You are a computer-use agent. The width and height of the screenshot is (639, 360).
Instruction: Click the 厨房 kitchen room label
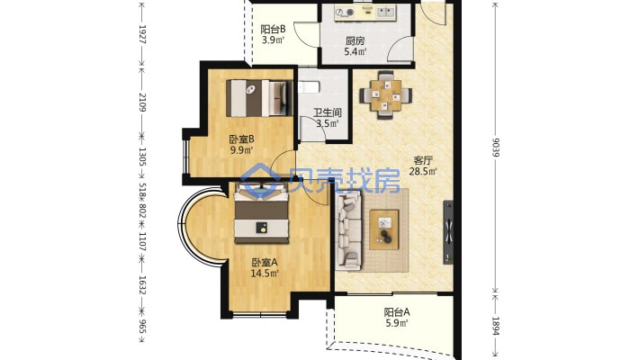[x=355, y=41]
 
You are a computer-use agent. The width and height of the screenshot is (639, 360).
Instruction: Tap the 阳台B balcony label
[x=273, y=30]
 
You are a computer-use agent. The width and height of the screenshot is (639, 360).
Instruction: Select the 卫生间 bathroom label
[x=328, y=112]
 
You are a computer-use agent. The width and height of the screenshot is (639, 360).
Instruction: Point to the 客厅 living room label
[x=423, y=160]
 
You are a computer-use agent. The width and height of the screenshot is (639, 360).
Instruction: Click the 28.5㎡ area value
[x=423, y=171]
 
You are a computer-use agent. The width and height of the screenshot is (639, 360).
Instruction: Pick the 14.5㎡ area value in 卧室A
[x=264, y=274]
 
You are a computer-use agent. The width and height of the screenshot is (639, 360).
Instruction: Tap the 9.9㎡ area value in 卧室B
[x=242, y=150]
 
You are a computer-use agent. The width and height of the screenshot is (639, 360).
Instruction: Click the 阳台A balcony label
[x=397, y=312]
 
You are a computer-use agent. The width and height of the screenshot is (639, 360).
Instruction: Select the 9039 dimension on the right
[x=496, y=148]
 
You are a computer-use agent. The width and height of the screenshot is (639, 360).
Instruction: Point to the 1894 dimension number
[x=496, y=327]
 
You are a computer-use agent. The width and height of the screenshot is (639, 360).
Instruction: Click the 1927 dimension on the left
[x=142, y=34]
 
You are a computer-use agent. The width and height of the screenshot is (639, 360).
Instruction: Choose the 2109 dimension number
[x=142, y=103]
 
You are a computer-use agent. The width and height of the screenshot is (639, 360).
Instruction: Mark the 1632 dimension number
[x=142, y=285]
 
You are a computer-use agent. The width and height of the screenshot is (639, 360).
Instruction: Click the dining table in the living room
[x=385, y=95]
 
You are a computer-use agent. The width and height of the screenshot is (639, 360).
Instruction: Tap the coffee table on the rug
[x=384, y=229]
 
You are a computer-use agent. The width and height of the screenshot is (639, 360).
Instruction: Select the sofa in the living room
[x=348, y=231]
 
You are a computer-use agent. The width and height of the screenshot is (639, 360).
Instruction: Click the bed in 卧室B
[x=259, y=98]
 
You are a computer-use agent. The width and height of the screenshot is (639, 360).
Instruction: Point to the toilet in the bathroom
[x=309, y=87]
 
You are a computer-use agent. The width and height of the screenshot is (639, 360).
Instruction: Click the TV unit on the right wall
[x=448, y=232]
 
